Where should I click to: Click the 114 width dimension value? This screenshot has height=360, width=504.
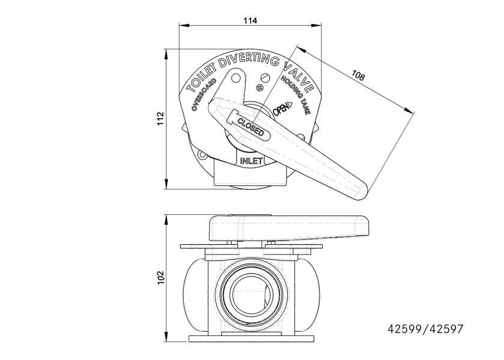pos(250,20)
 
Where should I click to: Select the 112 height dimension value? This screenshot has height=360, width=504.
pos(160,119)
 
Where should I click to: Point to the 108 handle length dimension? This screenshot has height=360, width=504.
pos(358,75)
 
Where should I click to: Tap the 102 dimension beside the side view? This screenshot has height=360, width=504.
pos(160,278)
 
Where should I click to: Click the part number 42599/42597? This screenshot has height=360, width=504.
pos(425,329)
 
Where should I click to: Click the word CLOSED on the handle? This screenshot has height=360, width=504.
pos(251,127)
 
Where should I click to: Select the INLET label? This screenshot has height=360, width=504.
pos(251,161)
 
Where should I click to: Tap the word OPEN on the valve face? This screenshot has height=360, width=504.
pos(281,109)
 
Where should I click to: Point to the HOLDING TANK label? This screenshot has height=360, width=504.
pos(296,95)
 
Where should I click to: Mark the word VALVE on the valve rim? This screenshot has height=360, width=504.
pos(299,77)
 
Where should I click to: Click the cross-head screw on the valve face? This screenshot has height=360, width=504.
pos(260,88)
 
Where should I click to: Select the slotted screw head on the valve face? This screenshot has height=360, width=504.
pos(265,77)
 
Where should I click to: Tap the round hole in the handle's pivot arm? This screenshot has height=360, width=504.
pos(236,77)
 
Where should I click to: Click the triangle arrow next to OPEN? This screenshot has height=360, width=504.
pos(289,105)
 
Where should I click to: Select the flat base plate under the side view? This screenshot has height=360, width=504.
pos(251,338)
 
